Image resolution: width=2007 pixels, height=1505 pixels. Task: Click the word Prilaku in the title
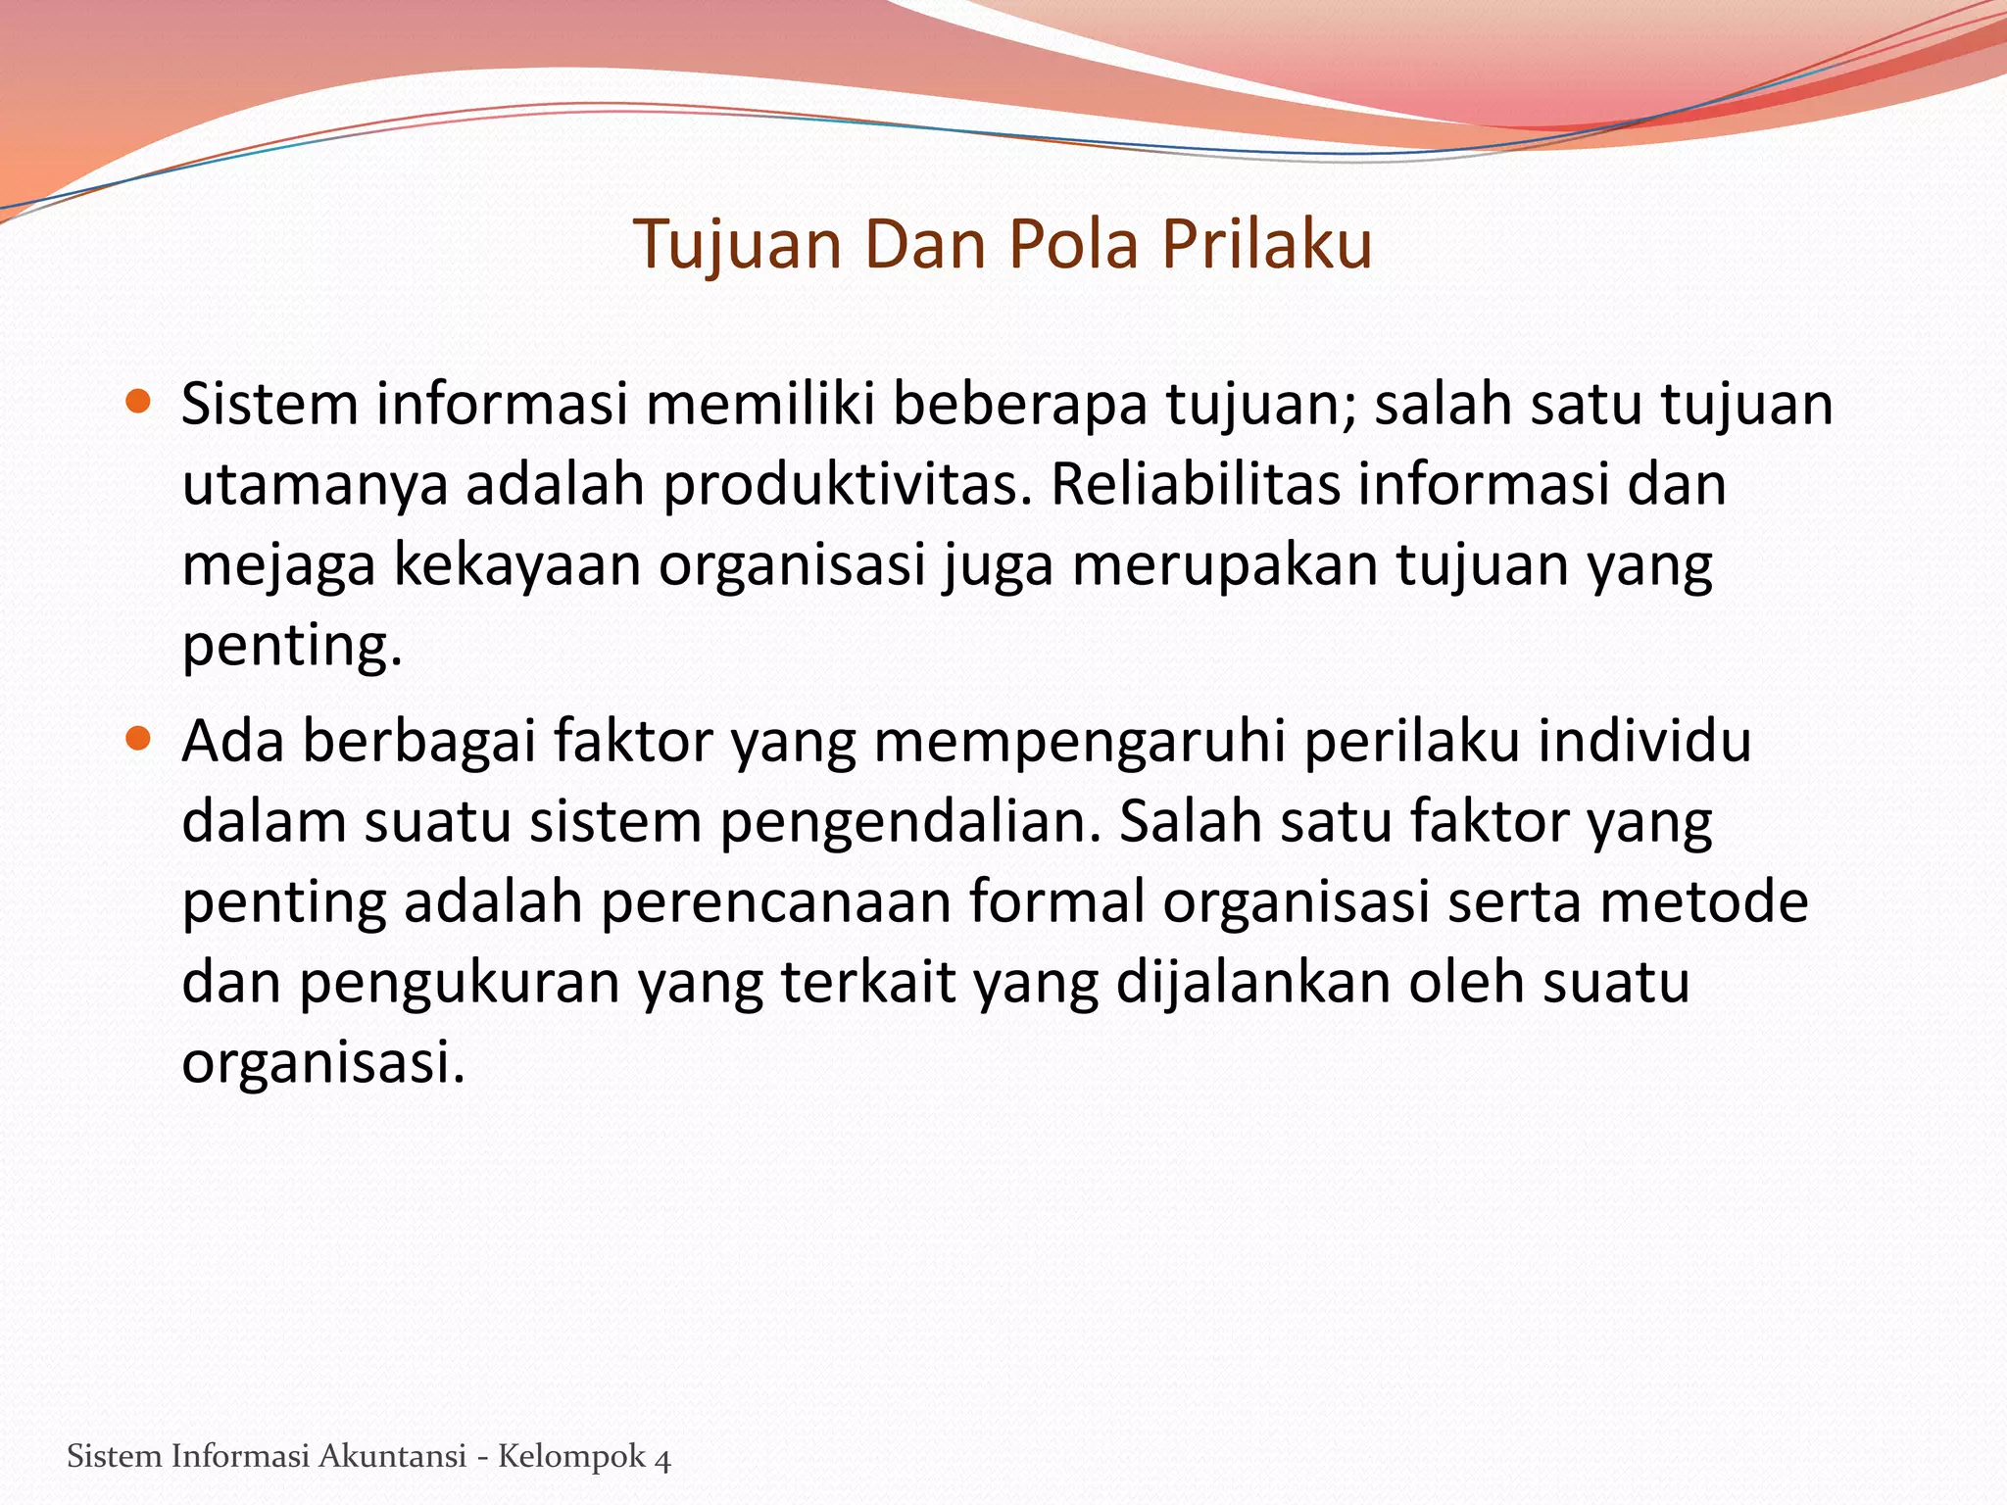coord(1266,244)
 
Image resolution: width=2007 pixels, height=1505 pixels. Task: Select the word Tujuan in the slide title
coord(737,244)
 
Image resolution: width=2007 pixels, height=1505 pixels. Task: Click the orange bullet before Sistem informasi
coord(139,401)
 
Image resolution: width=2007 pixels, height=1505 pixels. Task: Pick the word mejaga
coord(278,565)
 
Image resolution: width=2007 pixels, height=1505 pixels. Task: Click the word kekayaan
coord(516,565)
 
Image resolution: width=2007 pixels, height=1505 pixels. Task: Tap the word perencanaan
coord(775,902)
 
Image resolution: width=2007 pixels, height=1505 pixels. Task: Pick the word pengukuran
coord(460,983)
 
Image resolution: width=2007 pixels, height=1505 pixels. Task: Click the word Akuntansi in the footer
coord(392,1456)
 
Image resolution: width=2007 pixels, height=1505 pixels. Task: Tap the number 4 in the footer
coord(662,1458)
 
